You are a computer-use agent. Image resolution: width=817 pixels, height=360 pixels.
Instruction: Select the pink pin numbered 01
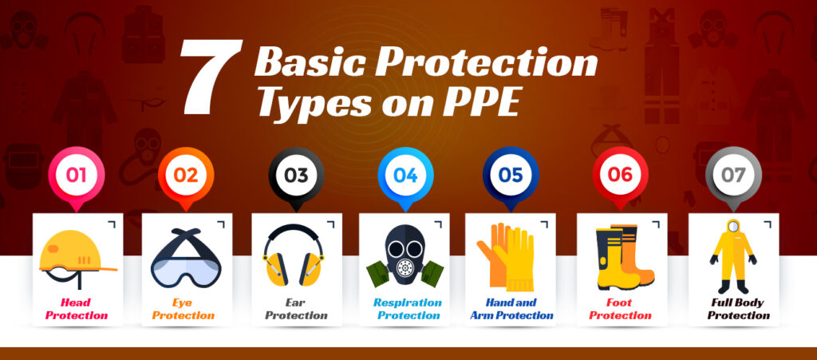77,175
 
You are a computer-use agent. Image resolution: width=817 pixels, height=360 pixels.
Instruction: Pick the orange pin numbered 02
186,175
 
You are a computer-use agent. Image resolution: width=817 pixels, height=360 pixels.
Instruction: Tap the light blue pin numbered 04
405,175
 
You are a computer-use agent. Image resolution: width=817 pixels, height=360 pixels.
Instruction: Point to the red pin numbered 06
622,175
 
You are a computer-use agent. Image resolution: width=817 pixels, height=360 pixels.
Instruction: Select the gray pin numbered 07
733,175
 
